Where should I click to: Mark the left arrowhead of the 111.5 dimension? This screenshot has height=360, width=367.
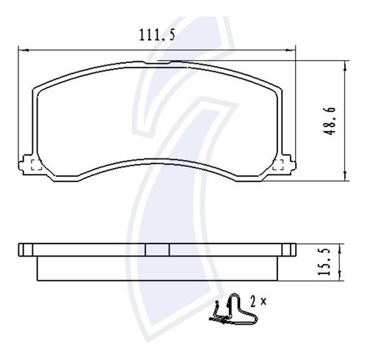20,49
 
